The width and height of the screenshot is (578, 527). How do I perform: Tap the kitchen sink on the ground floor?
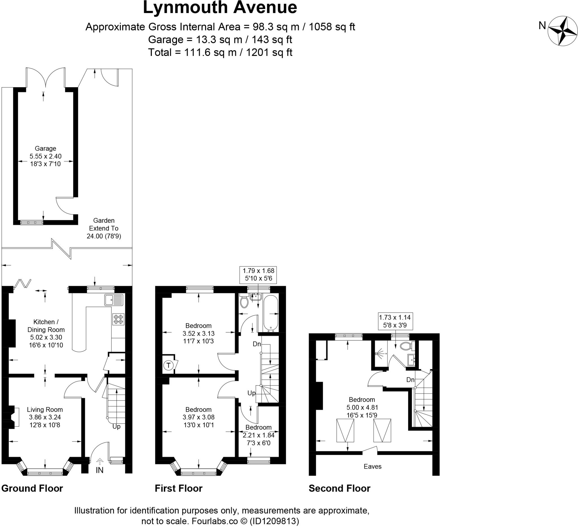click(114, 300)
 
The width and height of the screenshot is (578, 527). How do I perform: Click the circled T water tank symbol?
click(168, 365)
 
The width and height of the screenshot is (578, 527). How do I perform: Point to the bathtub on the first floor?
click(271, 313)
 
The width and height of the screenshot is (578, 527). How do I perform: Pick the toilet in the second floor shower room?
click(406, 346)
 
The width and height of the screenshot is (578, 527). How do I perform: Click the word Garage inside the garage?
click(45, 148)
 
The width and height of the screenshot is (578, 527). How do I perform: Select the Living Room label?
click(45, 410)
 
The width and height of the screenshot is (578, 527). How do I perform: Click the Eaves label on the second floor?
click(373, 467)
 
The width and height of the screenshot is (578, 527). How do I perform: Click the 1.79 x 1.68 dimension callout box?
click(258, 275)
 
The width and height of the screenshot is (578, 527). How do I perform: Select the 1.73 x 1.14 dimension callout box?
click(395, 321)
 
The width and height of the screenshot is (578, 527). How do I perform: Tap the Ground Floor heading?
click(32, 488)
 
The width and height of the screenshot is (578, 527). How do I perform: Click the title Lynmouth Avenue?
click(220, 8)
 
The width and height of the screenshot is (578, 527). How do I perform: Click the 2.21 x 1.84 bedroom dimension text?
click(258, 435)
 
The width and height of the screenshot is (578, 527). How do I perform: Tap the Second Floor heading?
click(340, 488)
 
